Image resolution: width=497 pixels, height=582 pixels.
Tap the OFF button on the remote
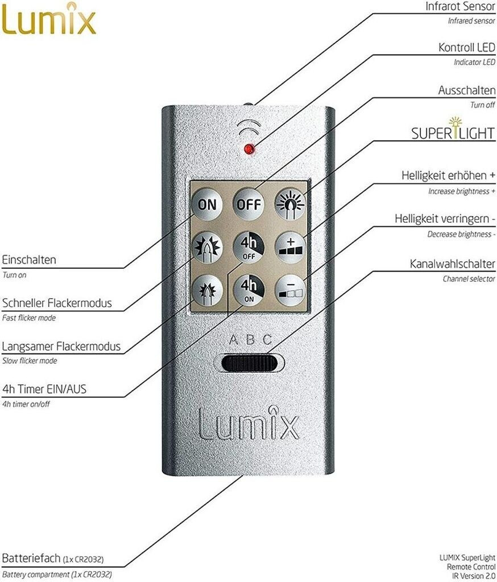pyautogui.click(x=248, y=204)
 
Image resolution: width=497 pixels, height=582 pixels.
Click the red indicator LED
pyautogui.click(x=248, y=149)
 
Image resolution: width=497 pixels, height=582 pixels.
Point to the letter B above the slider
pyautogui.click(x=249, y=340)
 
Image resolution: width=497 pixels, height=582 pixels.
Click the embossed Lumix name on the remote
pyautogui.click(x=248, y=423)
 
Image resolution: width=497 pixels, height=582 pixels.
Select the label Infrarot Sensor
pyautogui.click(x=460, y=7)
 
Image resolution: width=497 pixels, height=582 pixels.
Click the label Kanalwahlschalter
pyautogui.click(x=453, y=264)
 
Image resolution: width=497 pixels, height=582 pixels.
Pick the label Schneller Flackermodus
pyautogui.click(x=57, y=303)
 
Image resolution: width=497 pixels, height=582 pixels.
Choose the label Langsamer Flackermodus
pyautogui.click(x=61, y=346)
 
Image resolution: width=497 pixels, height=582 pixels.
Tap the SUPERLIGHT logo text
pyautogui.click(x=453, y=132)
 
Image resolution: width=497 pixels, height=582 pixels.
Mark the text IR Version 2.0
pyautogui.click(x=471, y=575)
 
